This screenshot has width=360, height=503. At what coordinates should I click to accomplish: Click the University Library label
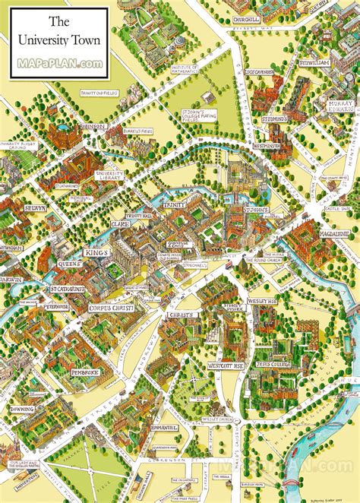109,176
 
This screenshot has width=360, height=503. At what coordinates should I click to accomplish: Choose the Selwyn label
35,207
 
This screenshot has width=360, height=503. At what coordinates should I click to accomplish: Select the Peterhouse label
55,306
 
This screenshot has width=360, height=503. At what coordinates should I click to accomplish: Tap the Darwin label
11,279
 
